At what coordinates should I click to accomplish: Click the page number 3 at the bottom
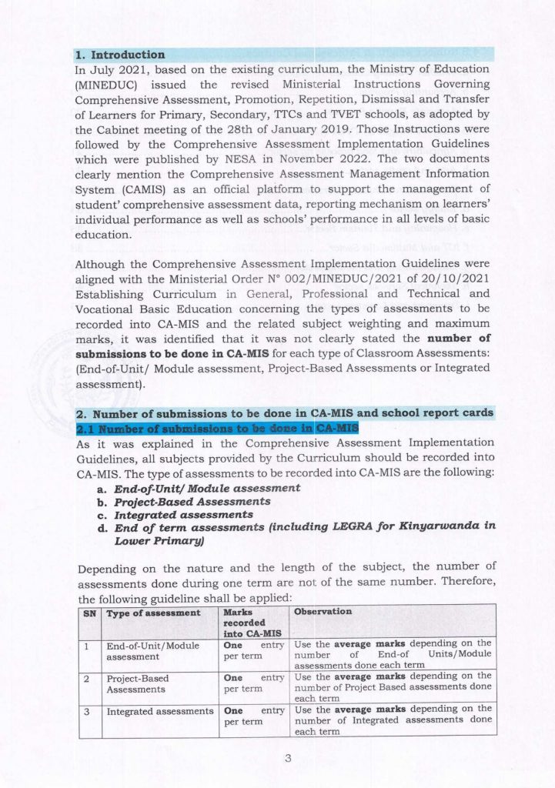[x=288, y=760]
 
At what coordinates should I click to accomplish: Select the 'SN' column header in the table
[x=89, y=613]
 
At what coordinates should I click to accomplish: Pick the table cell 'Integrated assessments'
[x=159, y=712]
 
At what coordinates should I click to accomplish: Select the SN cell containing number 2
[x=89, y=679]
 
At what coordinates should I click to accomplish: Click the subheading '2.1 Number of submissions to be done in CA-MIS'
[x=216, y=428]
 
